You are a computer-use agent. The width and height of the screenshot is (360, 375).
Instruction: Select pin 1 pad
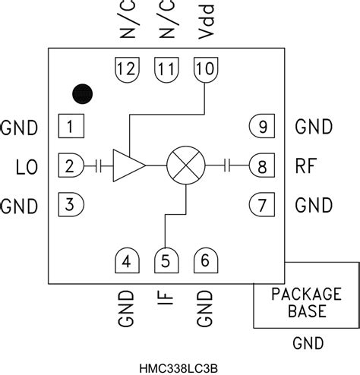[71, 127]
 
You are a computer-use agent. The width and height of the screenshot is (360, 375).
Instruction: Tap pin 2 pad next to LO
[71, 165]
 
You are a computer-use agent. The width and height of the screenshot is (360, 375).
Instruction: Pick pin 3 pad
[71, 203]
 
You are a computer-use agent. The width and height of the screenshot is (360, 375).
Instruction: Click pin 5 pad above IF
[166, 261]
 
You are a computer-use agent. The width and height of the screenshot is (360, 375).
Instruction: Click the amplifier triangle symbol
[128, 165]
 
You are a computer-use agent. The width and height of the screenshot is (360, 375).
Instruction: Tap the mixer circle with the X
[185, 165]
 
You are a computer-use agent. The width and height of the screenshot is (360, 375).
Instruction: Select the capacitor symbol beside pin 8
[228, 165]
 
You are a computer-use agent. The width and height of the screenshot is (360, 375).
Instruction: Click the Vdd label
[207, 22]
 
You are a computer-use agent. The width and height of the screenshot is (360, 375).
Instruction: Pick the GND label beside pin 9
[314, 127]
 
